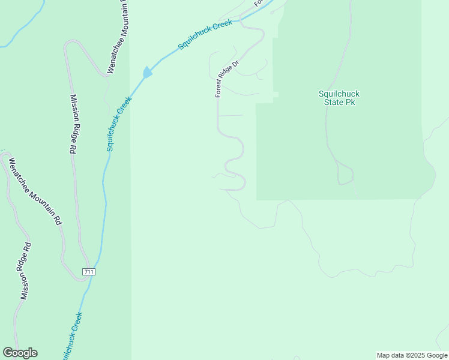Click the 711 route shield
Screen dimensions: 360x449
(x=89, y=272)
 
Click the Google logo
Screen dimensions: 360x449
(x=20, y=353)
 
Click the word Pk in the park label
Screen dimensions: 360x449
(x=350, y=102)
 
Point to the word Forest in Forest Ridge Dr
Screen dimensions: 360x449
(x=220, y=88)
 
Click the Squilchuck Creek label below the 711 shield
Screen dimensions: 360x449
(x=70, y=336)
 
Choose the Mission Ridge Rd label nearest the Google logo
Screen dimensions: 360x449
(x=25, y=271)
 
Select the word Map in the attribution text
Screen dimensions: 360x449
(x=384, y=355)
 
